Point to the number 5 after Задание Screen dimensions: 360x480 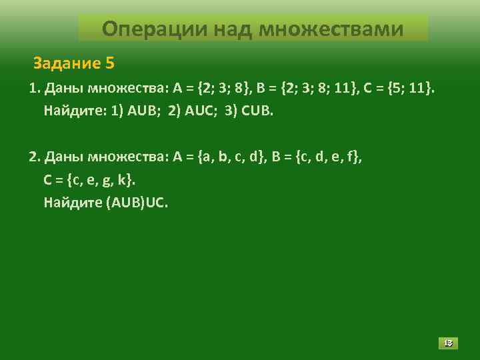point(109,64)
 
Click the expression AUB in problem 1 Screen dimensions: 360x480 point(141,110)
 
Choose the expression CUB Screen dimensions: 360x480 point(256,110)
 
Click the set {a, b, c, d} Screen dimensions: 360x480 point(230,157)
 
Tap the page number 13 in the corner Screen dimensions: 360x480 point(448,343)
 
